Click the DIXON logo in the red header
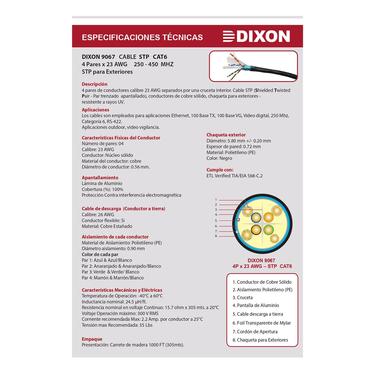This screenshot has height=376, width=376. click(x=256, y=36)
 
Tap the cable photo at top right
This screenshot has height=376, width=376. click(x=253, y=66)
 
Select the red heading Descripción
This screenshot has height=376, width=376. click(x=95, y=84)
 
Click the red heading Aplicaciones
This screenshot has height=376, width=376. click(x=96, y=110)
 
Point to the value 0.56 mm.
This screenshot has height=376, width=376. click(x=140, y=167)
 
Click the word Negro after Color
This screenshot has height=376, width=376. click(x=226, y=158)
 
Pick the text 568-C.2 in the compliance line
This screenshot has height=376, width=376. click(x=255, y=176)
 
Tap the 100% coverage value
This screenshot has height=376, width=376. click(x=118, y=190)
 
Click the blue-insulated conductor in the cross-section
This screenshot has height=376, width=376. click(x=256, y=218)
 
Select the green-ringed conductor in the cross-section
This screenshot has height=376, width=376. click(x=268, y=229)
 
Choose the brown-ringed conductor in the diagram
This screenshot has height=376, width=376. click(x=256, y=229)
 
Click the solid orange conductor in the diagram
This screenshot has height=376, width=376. click(x=268, y=217)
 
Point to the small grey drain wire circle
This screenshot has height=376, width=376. click(x=238, y=220)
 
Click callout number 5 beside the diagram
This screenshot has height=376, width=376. click(x=216, y=221)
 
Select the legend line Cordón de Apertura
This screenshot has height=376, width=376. click(x=255, y=332)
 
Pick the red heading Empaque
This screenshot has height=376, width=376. click(x=92, y=339)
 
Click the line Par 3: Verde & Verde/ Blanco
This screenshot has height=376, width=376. click(x=111, y=272)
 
